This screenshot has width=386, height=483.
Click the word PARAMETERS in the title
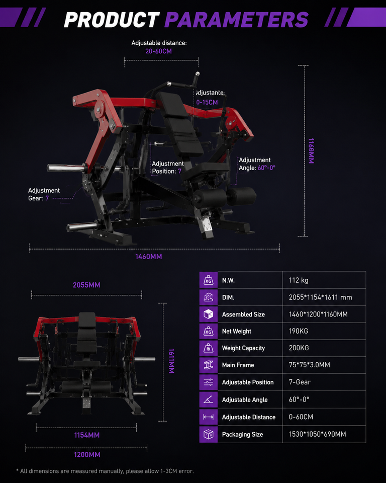[x=236, y=20]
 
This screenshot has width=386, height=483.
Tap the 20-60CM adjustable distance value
[x=158, y=51]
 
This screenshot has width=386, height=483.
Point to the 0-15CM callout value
[x=207, y=102]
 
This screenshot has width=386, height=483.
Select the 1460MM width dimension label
[x=149, y=257]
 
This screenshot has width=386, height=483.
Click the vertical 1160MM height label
[x=311, y=151]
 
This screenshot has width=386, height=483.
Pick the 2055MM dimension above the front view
[x=86, y=285]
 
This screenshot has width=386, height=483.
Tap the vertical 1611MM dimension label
[x=171, y=361]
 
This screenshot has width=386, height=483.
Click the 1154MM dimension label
[x=87, y=435]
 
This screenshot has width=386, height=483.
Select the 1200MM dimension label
[x=87, y=455]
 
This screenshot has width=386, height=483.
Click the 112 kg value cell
[x=298, y=280]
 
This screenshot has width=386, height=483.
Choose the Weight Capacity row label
[x=243, y=348]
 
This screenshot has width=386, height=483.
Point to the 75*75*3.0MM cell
[x=310, y=365]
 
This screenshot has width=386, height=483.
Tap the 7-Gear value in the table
[x=300, y=382]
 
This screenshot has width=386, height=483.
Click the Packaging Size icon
[x=209, y=434]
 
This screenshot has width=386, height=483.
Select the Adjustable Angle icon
[x=209, y=400]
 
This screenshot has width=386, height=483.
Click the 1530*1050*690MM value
[x=317, y=434]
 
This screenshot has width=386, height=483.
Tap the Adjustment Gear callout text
[x=44, y=194]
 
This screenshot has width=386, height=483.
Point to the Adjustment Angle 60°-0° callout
[x=257, y=164]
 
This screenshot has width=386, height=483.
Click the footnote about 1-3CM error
[x=105, y=471]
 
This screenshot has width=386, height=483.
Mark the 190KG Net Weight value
[x=298, y=331]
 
